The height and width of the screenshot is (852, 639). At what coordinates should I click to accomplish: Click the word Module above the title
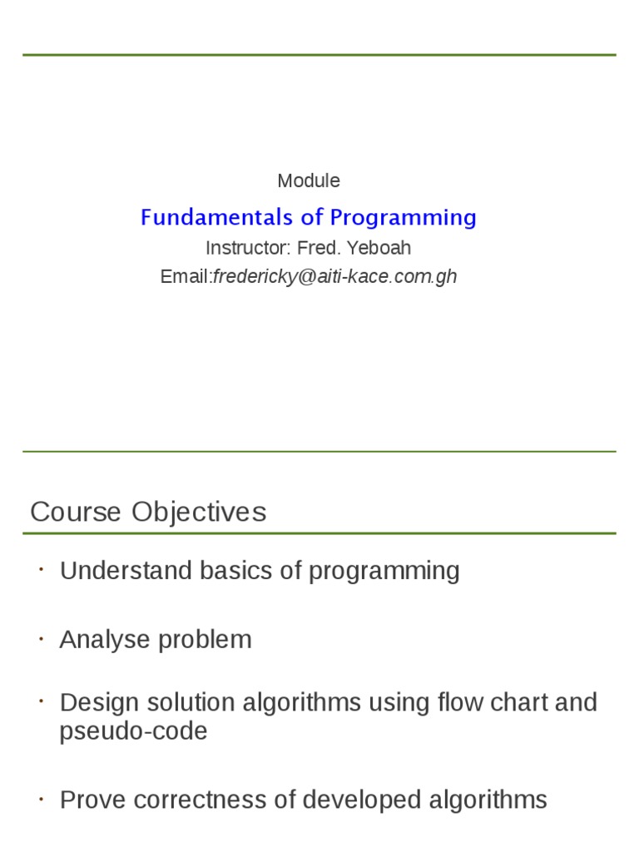point(309,181)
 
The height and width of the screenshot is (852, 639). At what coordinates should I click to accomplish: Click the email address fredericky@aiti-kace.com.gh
point(335,276)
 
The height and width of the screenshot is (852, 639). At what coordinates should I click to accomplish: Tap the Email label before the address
point(186,276)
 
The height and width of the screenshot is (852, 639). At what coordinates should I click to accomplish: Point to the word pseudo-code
point(133,731)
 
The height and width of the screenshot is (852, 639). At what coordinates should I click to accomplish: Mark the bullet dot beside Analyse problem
point(40,638)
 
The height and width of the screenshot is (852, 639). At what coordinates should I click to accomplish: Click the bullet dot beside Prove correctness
point(40,799)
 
